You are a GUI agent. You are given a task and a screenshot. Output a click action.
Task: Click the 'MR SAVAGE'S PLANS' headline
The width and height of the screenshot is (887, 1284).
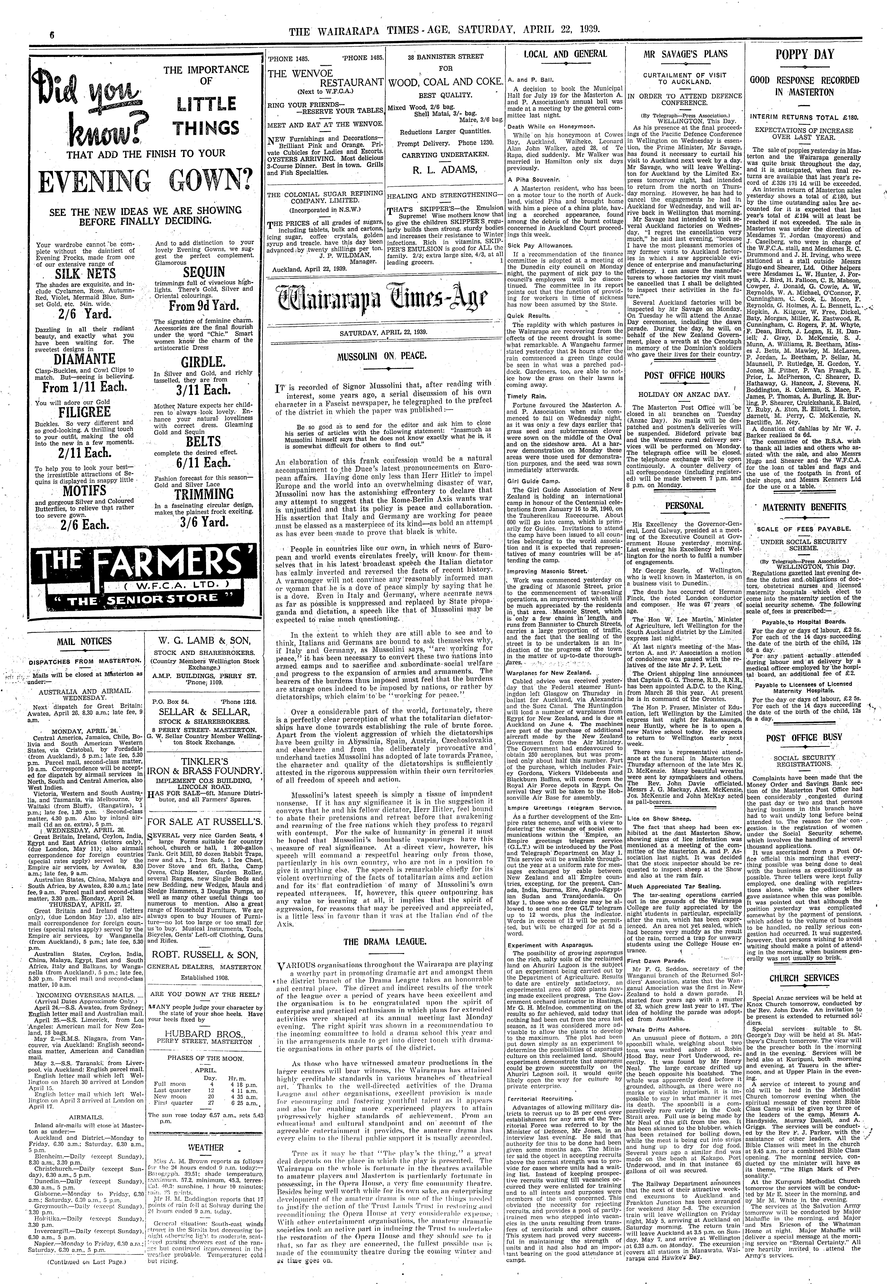click(685, 54)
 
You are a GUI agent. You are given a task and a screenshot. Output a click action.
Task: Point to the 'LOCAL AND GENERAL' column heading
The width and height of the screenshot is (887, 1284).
click(565, 54)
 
